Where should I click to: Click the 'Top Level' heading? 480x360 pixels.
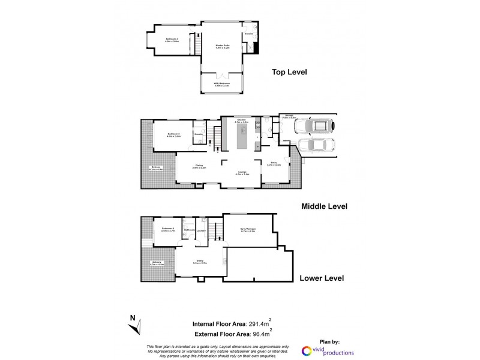tap(289, 72)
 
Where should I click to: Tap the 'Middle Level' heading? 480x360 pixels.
tap(324, 206)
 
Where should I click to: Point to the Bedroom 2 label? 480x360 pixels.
tap(172, 40)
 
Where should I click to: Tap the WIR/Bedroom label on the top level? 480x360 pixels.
tap(223, 85)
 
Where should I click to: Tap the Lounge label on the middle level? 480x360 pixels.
tap(242, 173)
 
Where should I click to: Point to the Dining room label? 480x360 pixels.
tap(199, 167)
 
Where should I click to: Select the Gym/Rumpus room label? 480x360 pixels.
tap(247, 230)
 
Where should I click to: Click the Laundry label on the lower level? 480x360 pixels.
tap(202, 230)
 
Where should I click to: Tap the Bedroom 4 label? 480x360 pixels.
tap(168, 229)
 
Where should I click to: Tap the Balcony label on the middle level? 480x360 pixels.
tap(156, 168)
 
